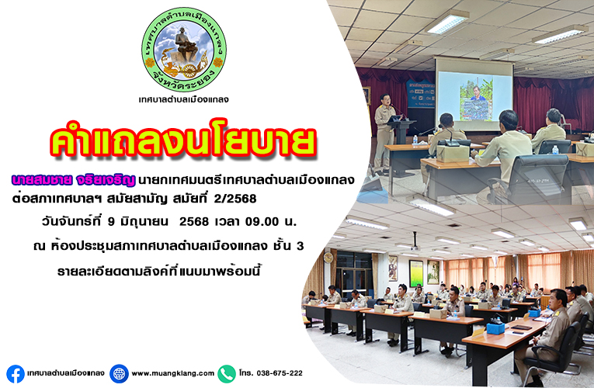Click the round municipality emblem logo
(184, 49)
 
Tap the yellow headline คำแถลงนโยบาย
(182, 142)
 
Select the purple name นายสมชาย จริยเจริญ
(73, 181)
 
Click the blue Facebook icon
(16, 374)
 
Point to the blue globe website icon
(119, 374)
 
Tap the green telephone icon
(227, 374)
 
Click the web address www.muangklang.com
(172, 373)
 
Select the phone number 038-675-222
(280, 373)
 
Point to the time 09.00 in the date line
(262, 221)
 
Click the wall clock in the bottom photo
(328, 258)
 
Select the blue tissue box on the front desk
(495, 327)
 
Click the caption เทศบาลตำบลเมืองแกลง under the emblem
(184, 100)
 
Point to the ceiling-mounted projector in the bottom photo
(415, 247)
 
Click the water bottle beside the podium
(415, 140)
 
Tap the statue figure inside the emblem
(186, 45)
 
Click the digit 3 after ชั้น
(300, 247)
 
